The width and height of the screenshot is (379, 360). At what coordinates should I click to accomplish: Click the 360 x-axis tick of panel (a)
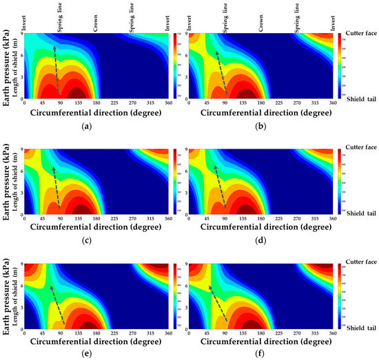166,102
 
